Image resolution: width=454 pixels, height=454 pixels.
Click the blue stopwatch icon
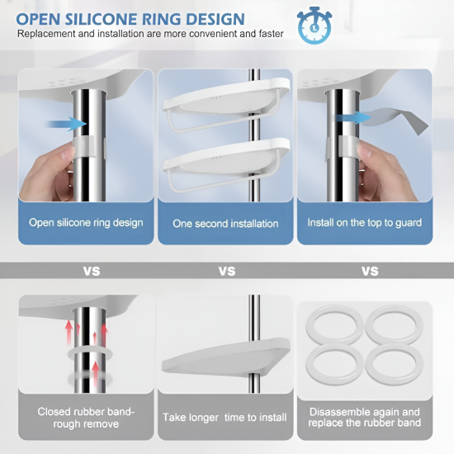[x=314, y=26]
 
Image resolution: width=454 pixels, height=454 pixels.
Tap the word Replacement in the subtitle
[x=46, y=34]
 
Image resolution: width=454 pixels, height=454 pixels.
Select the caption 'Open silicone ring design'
[x=86, y=223]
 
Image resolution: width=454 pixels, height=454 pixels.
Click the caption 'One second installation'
[x=225, y=224]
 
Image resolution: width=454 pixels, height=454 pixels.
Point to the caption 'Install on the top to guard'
[x=365, y=223]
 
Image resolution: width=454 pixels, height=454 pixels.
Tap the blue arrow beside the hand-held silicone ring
[x=66, y=124]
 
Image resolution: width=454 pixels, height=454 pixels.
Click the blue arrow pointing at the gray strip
[x=353, y=117]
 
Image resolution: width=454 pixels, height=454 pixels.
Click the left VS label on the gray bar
[x=92, y=272]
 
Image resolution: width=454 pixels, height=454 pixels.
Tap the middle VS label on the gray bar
[x=227, y=272]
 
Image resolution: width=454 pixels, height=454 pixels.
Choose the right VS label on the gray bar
[x=370, y=272]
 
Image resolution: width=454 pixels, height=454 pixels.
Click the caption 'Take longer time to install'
[x=225, y=418]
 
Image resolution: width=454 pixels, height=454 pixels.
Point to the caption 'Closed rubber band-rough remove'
[x=86, y=418]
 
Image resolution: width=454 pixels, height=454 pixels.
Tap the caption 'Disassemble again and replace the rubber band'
[x=365, y=417]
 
